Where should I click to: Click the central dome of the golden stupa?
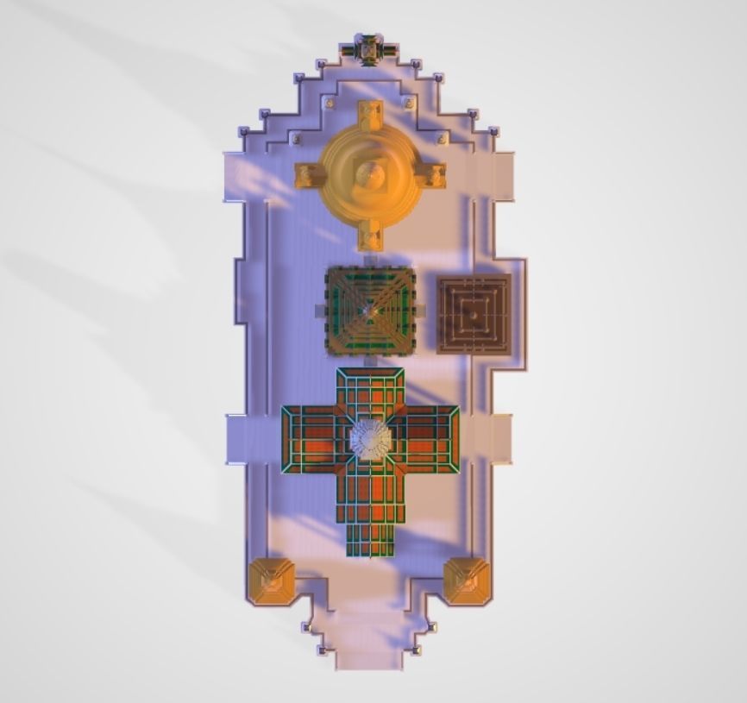click(x=371, y=176)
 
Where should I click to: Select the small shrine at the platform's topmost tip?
click(x=369, y=49)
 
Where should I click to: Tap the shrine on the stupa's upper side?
click(x=370, y=115)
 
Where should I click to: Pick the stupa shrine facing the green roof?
click(x=370, y=235)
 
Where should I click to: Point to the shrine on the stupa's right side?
click(x=431, y=176)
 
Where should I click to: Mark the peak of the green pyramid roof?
click(x=370, y=310)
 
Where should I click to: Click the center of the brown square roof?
click(x=474, y=314)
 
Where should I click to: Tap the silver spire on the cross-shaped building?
click(x=371, y=439)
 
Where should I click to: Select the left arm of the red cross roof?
click(x=313, y=439)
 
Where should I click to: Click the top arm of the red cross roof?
click(x=370, y=392)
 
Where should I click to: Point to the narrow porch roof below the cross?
click(x=370, y=539)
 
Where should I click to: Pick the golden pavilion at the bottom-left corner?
click(x=272, y=581)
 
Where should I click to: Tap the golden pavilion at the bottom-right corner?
click(x=467, y=581)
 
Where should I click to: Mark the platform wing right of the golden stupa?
click(x=502, y=177)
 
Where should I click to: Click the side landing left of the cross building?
click(x=238, y=439)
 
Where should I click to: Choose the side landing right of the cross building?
click(x=500, y=439)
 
